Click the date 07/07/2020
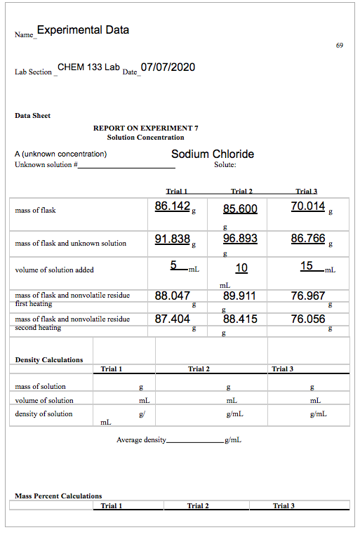pyautogui.click(x=168, y=67)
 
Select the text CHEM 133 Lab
pyautogui.click(x=89, y=67)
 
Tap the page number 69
pyautogui.click(x=340, y=46)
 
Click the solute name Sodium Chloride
pyautogui.click(x=213, y=154)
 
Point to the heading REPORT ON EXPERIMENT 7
pyautogui.click(x=146, y=128)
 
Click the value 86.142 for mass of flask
pyautogui.click(x=173, y=206)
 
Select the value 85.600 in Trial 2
pyautogui.click(x=240, y=208)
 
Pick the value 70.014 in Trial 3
pyautogui.click(x=308, y=206)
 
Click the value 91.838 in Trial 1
pyautogui.click(x=173, y=239)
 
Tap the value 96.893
pyautogui.click(x=240, y=239)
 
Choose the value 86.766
pyautogui.click(x=308, y=239)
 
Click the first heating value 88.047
pyautogui.click(x=173, y=296)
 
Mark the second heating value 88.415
pyautogui.click(x=240, y=319)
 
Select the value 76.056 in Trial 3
pyautogui.click(x=308, y=319)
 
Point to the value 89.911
pyautogui.click(x=240, y=296)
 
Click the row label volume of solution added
pyautogui.click(x=54, y=270)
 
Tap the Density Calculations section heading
pyautogui.click(x=49, y=360)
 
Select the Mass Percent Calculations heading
pyautogui.click(x=58, y=496)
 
